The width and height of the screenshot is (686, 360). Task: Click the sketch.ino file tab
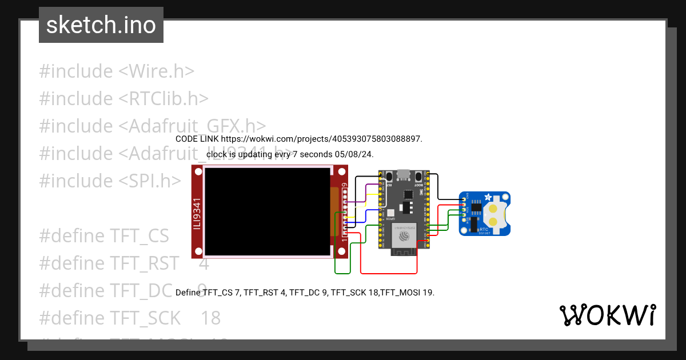pyautogui.click(x=101, y=25)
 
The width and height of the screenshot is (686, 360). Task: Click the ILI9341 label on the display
pyautogui.click(x=197, y=211)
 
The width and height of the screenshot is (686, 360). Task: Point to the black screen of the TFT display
pyautogui.click(x=267, y=211)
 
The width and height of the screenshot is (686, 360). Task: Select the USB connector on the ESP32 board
pyautogui.click(x=404, y=174)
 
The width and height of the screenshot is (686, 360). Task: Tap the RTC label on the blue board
pyautogui.click(x=484, y=228)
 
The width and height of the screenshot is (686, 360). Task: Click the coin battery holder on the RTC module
pyautogui.click(x=493, y=214)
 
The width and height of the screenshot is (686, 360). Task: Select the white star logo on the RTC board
pyautogui.click(x=488, y=197)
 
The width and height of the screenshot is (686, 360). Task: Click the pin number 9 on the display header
pyautogui.click(x=344, y=185)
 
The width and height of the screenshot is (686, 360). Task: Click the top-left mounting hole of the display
pyautogui.click(x=198, y=171)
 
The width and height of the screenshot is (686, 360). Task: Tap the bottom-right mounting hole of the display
pyautogui.click(x=341, y=251)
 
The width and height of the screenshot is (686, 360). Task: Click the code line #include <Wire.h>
pyautogui.click(x=117, y=71)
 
